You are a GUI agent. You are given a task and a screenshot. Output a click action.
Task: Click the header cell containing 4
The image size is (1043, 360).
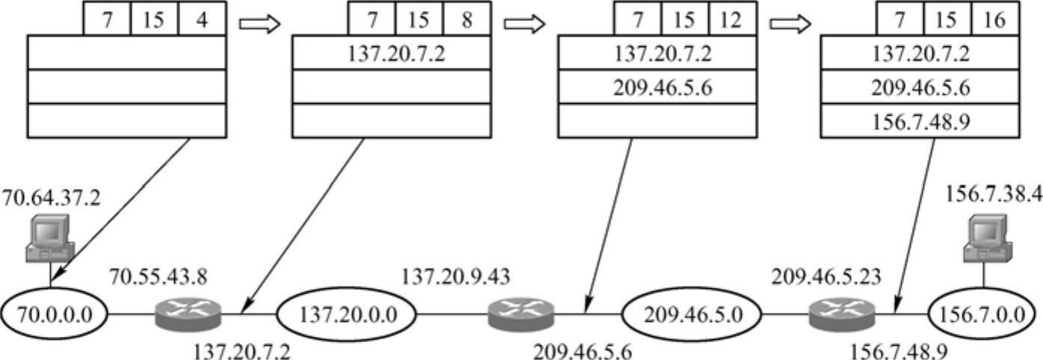pos(202,20)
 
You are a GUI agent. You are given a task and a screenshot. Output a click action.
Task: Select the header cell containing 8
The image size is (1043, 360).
pos(466,20)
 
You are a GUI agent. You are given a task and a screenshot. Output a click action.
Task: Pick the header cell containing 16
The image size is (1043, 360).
pos(995,20)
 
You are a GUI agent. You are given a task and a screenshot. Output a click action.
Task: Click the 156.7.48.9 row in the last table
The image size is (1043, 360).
pos(919,121)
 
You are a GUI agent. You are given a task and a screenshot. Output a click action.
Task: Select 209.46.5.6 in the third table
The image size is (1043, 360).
pos(654,87)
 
